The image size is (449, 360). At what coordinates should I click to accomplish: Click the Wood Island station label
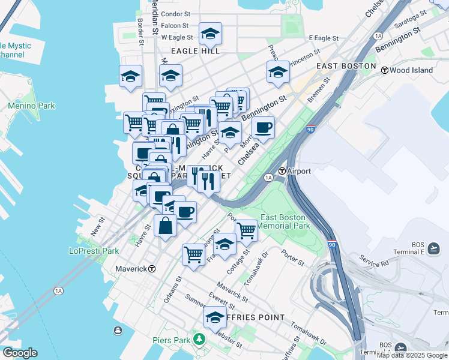click(411, 70)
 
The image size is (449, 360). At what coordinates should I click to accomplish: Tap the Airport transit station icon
click(281, 171)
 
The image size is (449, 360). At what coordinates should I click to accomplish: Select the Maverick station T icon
click(152, 269)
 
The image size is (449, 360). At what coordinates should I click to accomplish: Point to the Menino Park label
click(31, 106)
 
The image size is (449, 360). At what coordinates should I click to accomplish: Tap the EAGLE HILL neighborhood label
click(195, 52)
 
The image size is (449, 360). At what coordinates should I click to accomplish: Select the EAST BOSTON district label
click(346, 66)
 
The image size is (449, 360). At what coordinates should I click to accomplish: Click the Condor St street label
click(175, 13)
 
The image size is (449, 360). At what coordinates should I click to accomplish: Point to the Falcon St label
click(175, 26)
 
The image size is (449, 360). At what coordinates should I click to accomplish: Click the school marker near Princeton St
click(278, 72)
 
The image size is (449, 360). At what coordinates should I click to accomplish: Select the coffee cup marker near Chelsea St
click(263, 127)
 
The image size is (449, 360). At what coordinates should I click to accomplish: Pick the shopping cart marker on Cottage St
click(246, 230)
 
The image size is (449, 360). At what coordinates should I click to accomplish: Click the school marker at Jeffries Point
click(214, 317)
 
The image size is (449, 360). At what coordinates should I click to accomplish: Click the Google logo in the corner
click(19, 353)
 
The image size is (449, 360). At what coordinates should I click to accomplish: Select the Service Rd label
click(374, 263)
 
